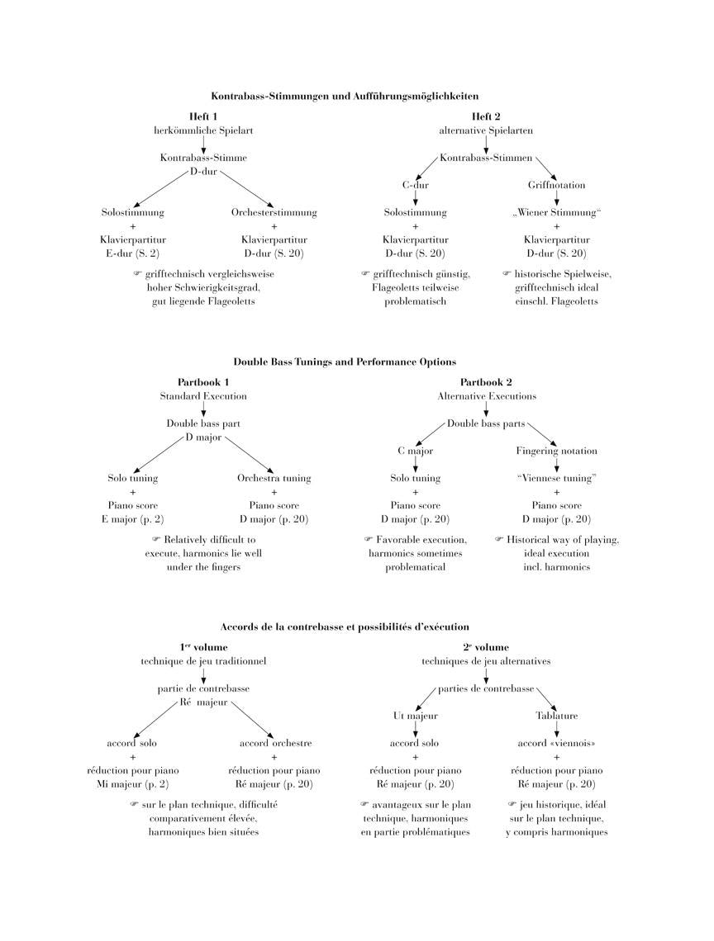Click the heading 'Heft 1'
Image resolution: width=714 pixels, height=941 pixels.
click(x=203, y=116)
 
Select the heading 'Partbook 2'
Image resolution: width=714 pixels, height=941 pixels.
click(x=486, y=382)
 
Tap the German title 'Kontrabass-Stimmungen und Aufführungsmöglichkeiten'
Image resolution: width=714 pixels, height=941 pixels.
click(x=345, y=96)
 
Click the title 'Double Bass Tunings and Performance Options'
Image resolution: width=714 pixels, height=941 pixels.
click(x=345, y=362)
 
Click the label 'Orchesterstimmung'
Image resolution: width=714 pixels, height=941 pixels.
click(x=274, y=212)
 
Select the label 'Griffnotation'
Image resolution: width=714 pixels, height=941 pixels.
click(x=556, y=185)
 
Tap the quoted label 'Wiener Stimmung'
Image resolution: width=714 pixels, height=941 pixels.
click(x=556, y=212)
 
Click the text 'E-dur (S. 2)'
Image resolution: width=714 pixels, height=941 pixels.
click(x=133, y=253)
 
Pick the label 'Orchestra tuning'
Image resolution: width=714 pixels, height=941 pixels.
click(x=274, y=478)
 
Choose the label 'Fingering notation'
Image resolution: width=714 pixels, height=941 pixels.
click(x=556, y=452)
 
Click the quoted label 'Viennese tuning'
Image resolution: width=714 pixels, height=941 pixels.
click(x=556, y=478)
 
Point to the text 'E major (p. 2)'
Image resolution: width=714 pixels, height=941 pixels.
click(x=133, y=519)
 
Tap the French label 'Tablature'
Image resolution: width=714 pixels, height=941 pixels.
click(x=556, y=716)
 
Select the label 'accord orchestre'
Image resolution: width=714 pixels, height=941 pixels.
click(x=276, y=743)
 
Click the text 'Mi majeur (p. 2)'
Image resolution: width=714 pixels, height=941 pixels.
click(x=133, y=784)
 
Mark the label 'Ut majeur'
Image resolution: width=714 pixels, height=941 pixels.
click(x=416, y=716)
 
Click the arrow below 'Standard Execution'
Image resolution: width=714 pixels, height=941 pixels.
click(x=203, y=409)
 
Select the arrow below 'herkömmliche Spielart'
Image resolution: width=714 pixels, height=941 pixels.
click(x=203, y=144)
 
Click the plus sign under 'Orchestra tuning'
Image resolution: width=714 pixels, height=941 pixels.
click(x=274, y=492)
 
